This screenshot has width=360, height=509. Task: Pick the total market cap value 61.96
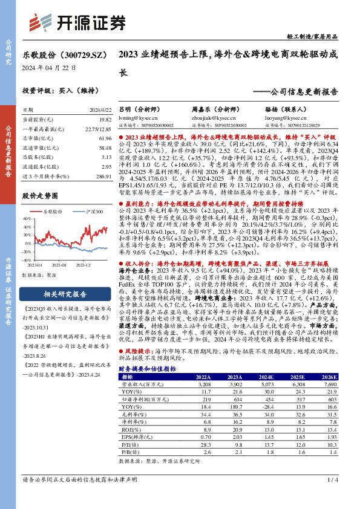(x=103, y=138)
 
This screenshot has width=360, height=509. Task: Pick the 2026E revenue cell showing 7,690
(x=329, y=384)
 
